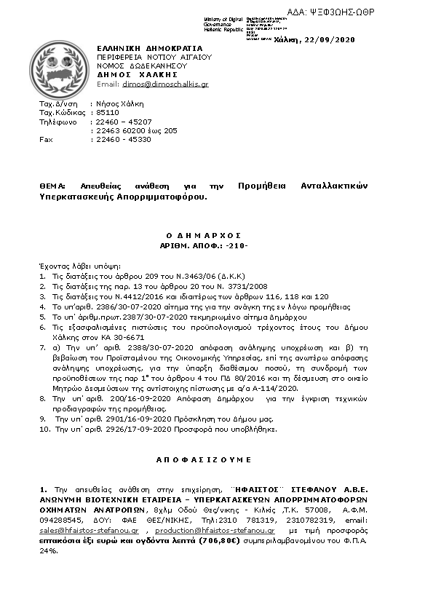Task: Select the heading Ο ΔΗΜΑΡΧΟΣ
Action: pyautogui.click(x=215, y=237)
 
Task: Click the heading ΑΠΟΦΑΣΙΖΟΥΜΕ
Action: pyautogui.click(x=215, y=460)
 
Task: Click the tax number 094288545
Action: pyautogui.click(x=60, y=522)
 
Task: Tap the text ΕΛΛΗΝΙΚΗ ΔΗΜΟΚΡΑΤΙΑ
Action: pyautogui.click(x=140, y=48)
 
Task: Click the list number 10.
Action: pyautogui.click(x=44, y=430)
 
